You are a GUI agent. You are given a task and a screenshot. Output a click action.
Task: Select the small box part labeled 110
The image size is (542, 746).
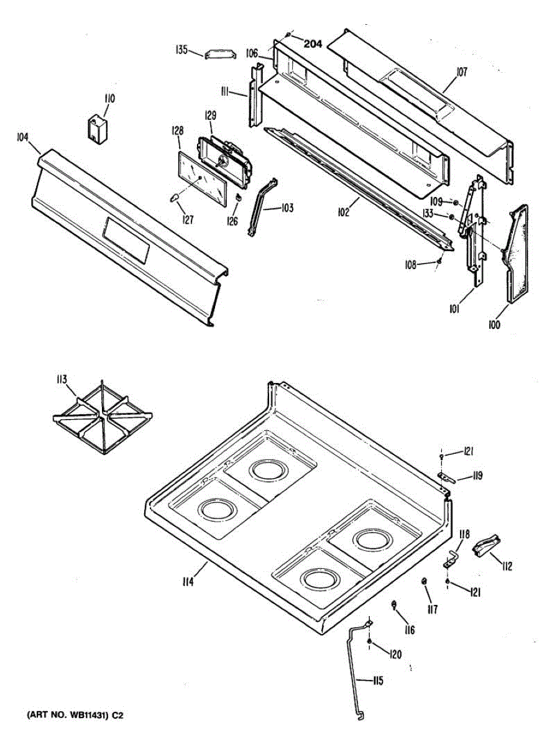[96, 129]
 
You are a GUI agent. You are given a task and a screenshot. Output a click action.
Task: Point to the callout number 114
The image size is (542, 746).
[188, 582]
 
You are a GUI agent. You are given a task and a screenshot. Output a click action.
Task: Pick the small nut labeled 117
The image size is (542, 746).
[423, 581]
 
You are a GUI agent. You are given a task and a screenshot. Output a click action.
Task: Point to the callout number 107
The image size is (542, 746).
[461, 72]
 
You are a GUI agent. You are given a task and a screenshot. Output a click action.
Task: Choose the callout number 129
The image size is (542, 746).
[210, 115]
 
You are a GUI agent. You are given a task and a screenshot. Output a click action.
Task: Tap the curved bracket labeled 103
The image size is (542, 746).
[261, 208]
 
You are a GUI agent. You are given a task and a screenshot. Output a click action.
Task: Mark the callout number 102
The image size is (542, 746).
[344, 211]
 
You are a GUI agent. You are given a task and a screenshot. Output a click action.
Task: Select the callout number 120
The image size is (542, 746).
[395, 654]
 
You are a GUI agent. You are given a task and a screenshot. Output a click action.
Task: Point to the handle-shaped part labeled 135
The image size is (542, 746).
[221, 55]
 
